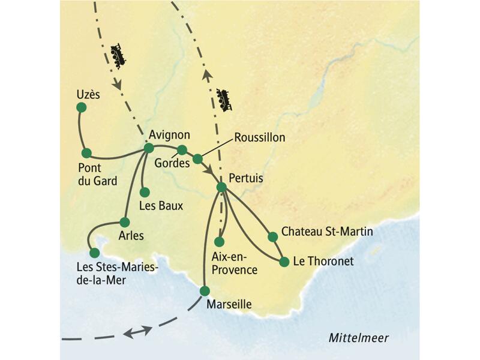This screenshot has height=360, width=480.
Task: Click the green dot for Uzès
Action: pos(81,107)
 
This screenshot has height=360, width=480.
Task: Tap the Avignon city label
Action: pos(169,134)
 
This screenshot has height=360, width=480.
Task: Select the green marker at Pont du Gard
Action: pos(86,152)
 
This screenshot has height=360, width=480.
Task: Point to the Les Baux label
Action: pos(160,206)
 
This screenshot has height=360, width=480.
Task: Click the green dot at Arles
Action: pos(125,221)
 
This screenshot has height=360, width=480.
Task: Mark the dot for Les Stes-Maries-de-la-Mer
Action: pos(94,253)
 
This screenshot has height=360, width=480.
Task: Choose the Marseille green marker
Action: pos(205,291)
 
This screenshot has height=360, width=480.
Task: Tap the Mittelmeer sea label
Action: pos(358,338)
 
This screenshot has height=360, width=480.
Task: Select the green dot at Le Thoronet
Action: pos(284,261)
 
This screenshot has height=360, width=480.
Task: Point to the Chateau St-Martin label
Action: pos(327,232)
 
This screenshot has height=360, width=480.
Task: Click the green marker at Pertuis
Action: pos(221,187)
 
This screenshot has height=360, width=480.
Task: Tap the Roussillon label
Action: pos(259,137)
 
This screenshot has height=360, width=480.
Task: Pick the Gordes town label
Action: pos(172,163)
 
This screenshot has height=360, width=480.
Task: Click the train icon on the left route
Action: pos(119,55)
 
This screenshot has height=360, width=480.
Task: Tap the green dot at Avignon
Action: pos(149,148)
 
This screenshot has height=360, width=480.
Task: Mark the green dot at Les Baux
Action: pos(145,192)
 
